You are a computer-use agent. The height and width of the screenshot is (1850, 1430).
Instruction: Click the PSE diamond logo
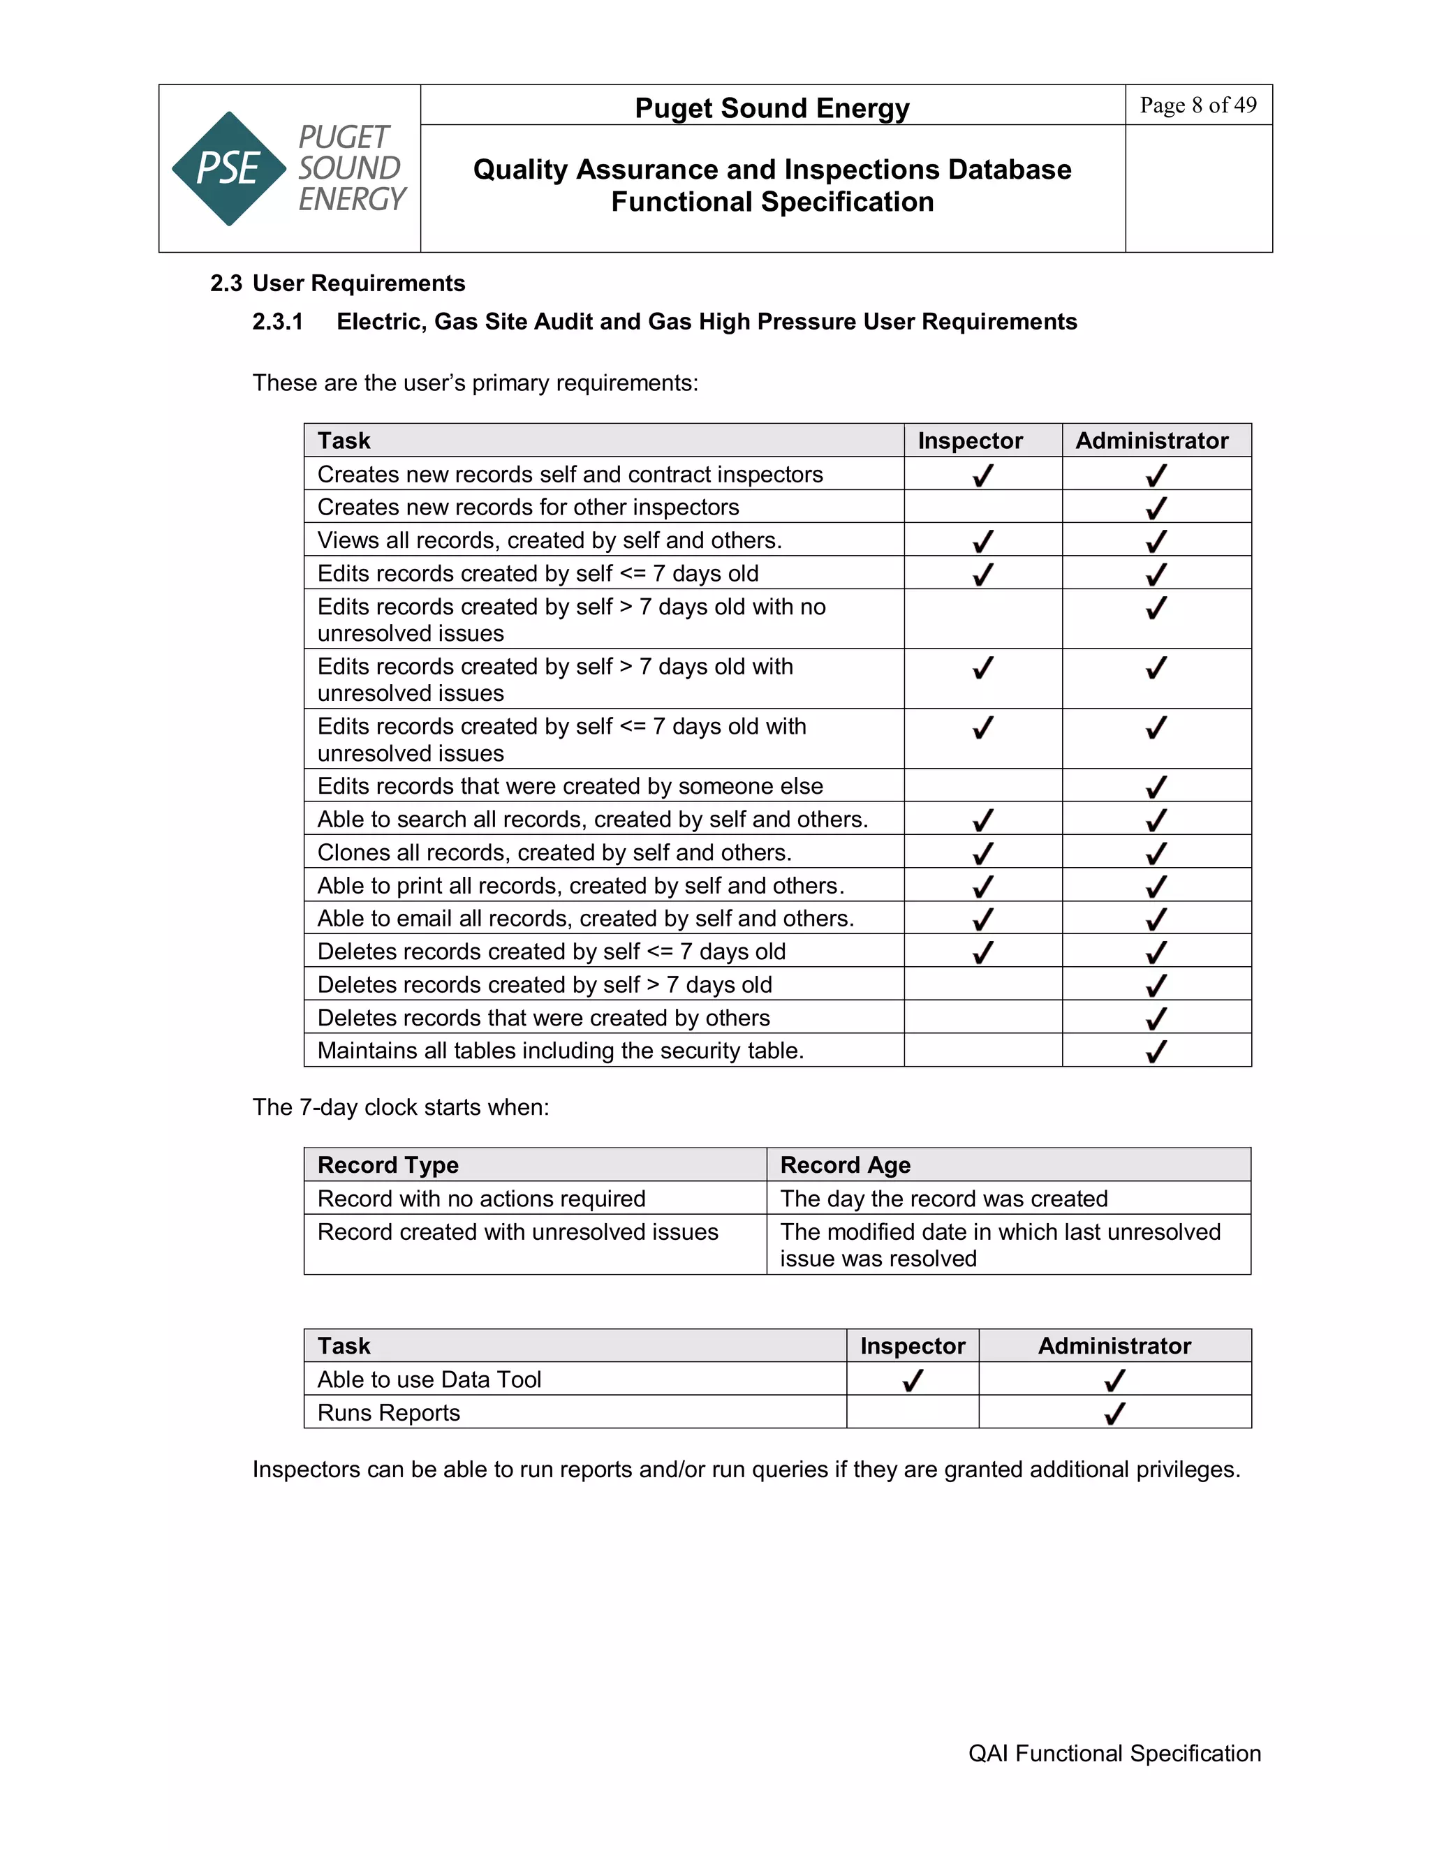tap(229, 168)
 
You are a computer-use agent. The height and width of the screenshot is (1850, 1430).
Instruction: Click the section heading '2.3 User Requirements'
tap(337, 283)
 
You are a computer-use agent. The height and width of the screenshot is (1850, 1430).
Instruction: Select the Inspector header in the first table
tap(970, 441)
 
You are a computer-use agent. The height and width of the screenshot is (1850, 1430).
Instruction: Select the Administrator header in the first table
tap(1151, 441)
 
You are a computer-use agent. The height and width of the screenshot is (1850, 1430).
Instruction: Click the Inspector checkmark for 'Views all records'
tap(982, 540)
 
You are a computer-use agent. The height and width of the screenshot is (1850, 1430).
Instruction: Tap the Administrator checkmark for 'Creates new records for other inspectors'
tap(1156, 508)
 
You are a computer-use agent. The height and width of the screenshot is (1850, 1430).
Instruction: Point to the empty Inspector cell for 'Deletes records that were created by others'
tap(982, 1016)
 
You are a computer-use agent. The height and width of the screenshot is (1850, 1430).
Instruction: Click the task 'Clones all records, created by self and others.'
tap(554, 852)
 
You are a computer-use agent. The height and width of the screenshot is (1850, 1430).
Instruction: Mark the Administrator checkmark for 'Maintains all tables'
tap(1156, 1051)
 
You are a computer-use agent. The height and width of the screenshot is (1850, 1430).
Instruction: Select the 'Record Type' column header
tap(388, 1164)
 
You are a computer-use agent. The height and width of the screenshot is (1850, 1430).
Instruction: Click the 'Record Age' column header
tap(845, 1164)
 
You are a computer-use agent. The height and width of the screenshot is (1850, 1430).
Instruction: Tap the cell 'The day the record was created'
tap(944, 1199)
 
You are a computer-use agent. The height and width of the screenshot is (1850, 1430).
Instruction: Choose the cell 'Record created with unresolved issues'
tap(517, 1231)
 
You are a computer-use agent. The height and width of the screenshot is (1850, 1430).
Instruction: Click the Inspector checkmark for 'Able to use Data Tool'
tap(913, 1380)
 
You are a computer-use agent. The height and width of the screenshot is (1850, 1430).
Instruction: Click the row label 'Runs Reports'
tap(388, 1413)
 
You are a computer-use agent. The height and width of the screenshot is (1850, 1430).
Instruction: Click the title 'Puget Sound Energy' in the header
tap(772, 108)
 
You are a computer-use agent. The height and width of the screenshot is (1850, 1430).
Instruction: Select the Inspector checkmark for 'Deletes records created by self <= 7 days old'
tap(982, 952)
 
